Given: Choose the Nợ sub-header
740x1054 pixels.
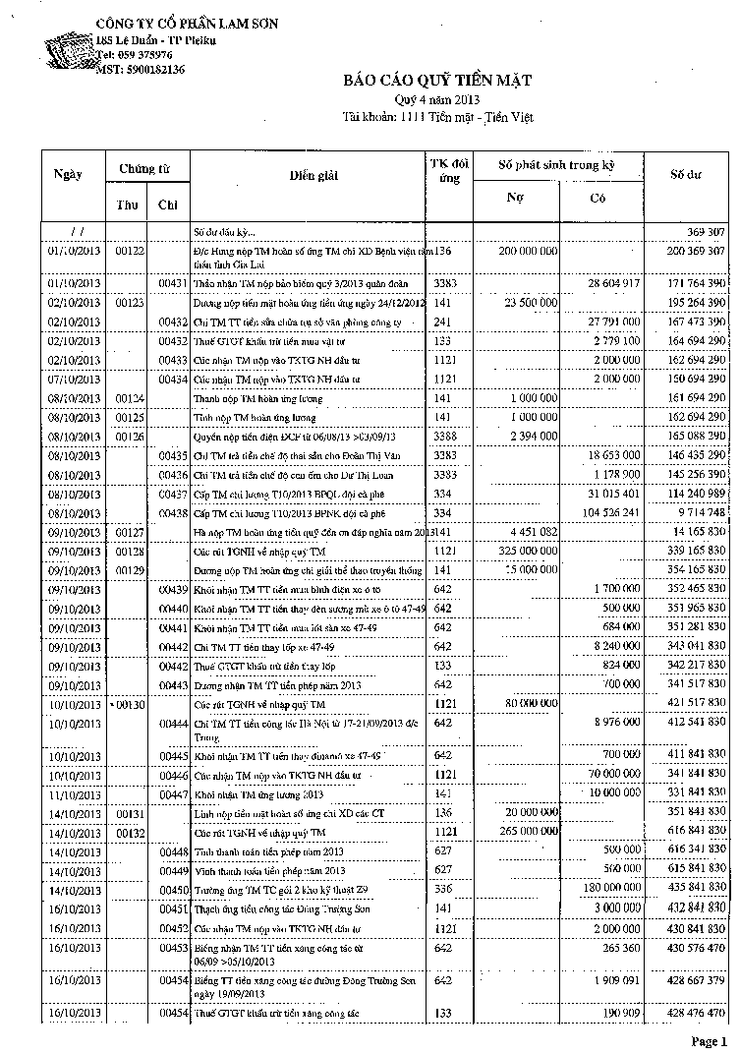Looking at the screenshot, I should (514, 197).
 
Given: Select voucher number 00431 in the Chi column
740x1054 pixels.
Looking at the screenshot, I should (173, 283).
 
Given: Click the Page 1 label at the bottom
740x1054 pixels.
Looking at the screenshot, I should (708, 1040).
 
